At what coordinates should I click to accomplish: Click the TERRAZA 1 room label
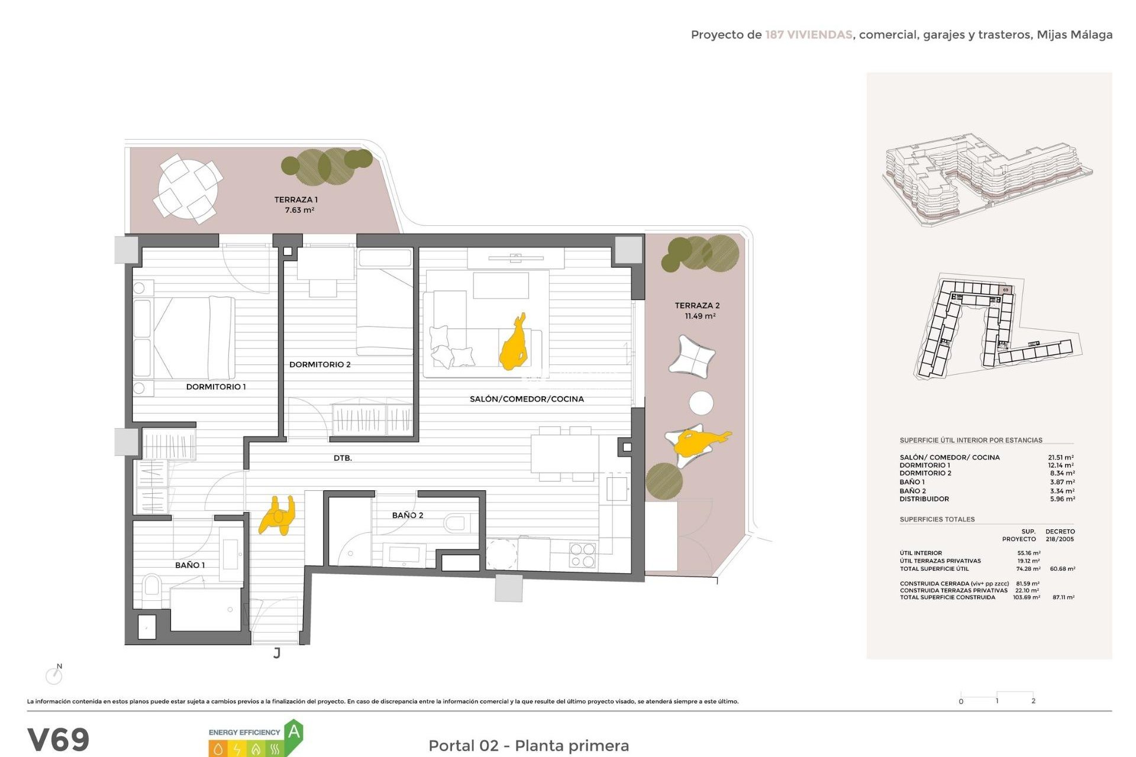pos(296,200)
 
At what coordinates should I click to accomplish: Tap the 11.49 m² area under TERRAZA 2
pos(700,316)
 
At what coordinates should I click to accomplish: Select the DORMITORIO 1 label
pos(216,387)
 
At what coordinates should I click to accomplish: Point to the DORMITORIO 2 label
pos(319,364)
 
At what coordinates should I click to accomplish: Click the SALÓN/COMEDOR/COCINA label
pos(527,399)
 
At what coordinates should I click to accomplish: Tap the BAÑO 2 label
pos(408,515)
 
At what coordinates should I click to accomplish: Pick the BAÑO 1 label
pos(190,565)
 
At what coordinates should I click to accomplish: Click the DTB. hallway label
pos(343,458)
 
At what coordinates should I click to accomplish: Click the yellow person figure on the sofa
pos(513,345)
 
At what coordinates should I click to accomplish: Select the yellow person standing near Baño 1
pos(277,515)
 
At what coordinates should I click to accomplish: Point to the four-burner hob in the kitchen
pos(582,555)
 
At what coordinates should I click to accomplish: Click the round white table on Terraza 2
pos(701,403)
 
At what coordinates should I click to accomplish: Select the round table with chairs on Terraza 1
pos(188,189)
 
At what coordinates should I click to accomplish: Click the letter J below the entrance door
pos(276,653)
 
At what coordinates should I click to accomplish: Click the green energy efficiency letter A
pos(293,733)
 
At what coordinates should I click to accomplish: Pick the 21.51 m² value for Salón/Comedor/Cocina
pos(1060,457)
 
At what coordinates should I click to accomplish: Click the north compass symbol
pos(54,675)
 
